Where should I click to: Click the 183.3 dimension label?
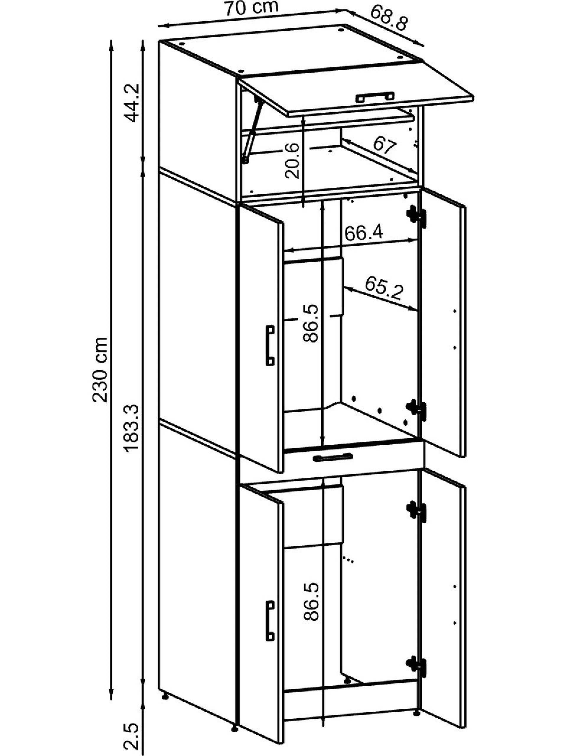132,428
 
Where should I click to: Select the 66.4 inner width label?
364,233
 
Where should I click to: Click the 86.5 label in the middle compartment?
311,323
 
